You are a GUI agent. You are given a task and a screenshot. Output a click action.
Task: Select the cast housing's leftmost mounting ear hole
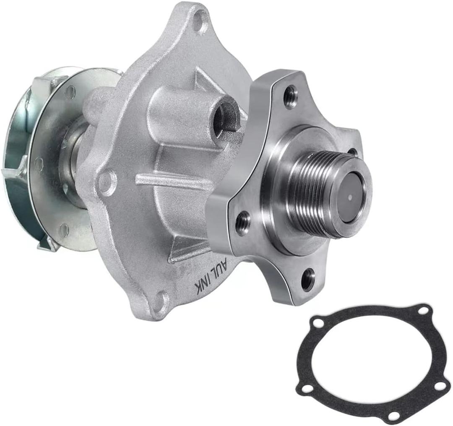click(x=105, y=181)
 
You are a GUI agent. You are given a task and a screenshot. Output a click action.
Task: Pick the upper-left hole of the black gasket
click(x=319, y=323)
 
